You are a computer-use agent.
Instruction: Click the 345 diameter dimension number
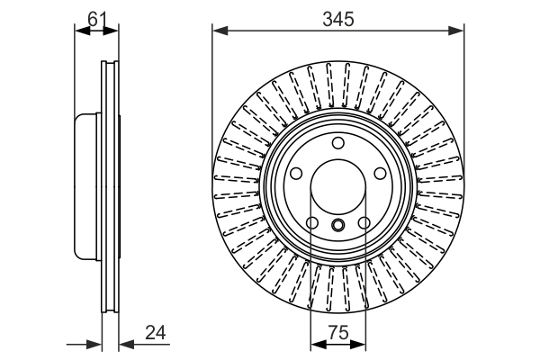pos(338,17)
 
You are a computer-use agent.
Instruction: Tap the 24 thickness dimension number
pos(155,332)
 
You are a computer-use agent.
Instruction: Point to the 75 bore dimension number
pos(338,332)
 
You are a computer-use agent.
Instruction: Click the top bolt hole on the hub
pos(338,144)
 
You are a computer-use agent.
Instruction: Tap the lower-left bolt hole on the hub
pos(311,224)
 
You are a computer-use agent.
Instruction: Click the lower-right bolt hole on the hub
pos(365,224)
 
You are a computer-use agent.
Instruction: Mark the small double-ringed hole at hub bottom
pos(338,226)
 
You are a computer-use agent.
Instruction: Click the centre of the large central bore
pos(338,189)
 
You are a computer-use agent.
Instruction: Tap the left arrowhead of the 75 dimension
pos(316,343)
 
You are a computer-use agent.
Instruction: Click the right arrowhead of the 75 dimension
pos(361,343)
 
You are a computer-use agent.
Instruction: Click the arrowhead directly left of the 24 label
pos(125,343)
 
